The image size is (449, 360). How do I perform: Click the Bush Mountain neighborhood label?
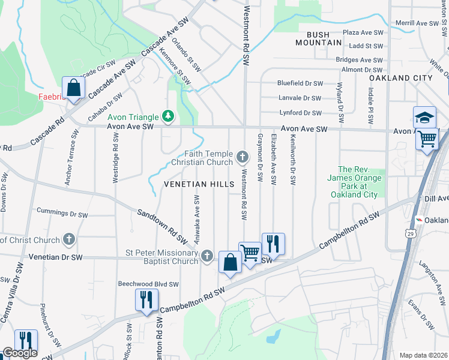[x=319, y=38]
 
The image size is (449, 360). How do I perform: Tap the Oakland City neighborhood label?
[x=400, y=78]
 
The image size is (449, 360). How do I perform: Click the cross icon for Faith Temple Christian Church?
[x=243, y=157]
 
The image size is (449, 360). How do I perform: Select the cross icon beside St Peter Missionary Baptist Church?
[x=207, y=256]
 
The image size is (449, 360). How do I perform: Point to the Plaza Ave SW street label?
[x=363, y=32]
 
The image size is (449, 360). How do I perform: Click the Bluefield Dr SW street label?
[x=300, y=83]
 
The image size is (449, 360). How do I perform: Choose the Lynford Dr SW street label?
[x=301, y=113]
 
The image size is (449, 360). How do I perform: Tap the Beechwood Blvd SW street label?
[x=148, y=284]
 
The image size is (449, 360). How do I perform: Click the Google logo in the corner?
[x=20, y=353]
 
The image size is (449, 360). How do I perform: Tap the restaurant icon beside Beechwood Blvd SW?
[x=146, y=299]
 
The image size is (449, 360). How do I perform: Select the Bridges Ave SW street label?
[x=359, y=60]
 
